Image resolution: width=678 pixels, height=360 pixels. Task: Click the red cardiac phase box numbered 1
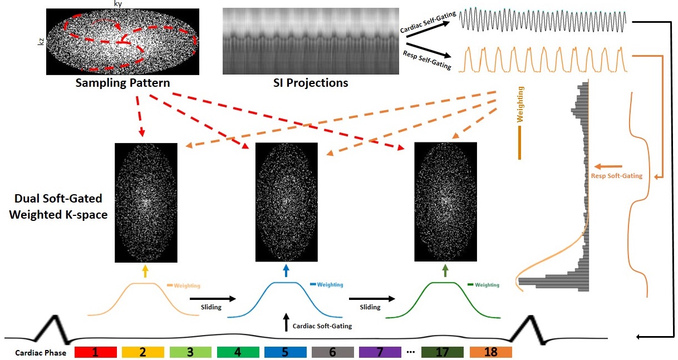pos(95,352)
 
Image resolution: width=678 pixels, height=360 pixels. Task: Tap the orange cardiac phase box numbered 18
pos(490,352)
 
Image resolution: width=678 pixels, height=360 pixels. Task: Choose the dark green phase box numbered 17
pos(443,352)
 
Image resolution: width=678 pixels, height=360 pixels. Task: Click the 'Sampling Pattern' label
pos(123,83)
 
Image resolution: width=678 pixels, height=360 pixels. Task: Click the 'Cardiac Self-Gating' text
pos(427,23)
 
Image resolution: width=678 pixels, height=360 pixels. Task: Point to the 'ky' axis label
pos(117,4)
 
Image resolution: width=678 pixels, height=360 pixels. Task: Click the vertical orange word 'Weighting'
pos(520,103)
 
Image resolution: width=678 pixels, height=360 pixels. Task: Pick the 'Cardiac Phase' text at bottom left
pos(41,353)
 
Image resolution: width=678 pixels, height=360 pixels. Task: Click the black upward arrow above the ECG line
pos(287,323)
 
